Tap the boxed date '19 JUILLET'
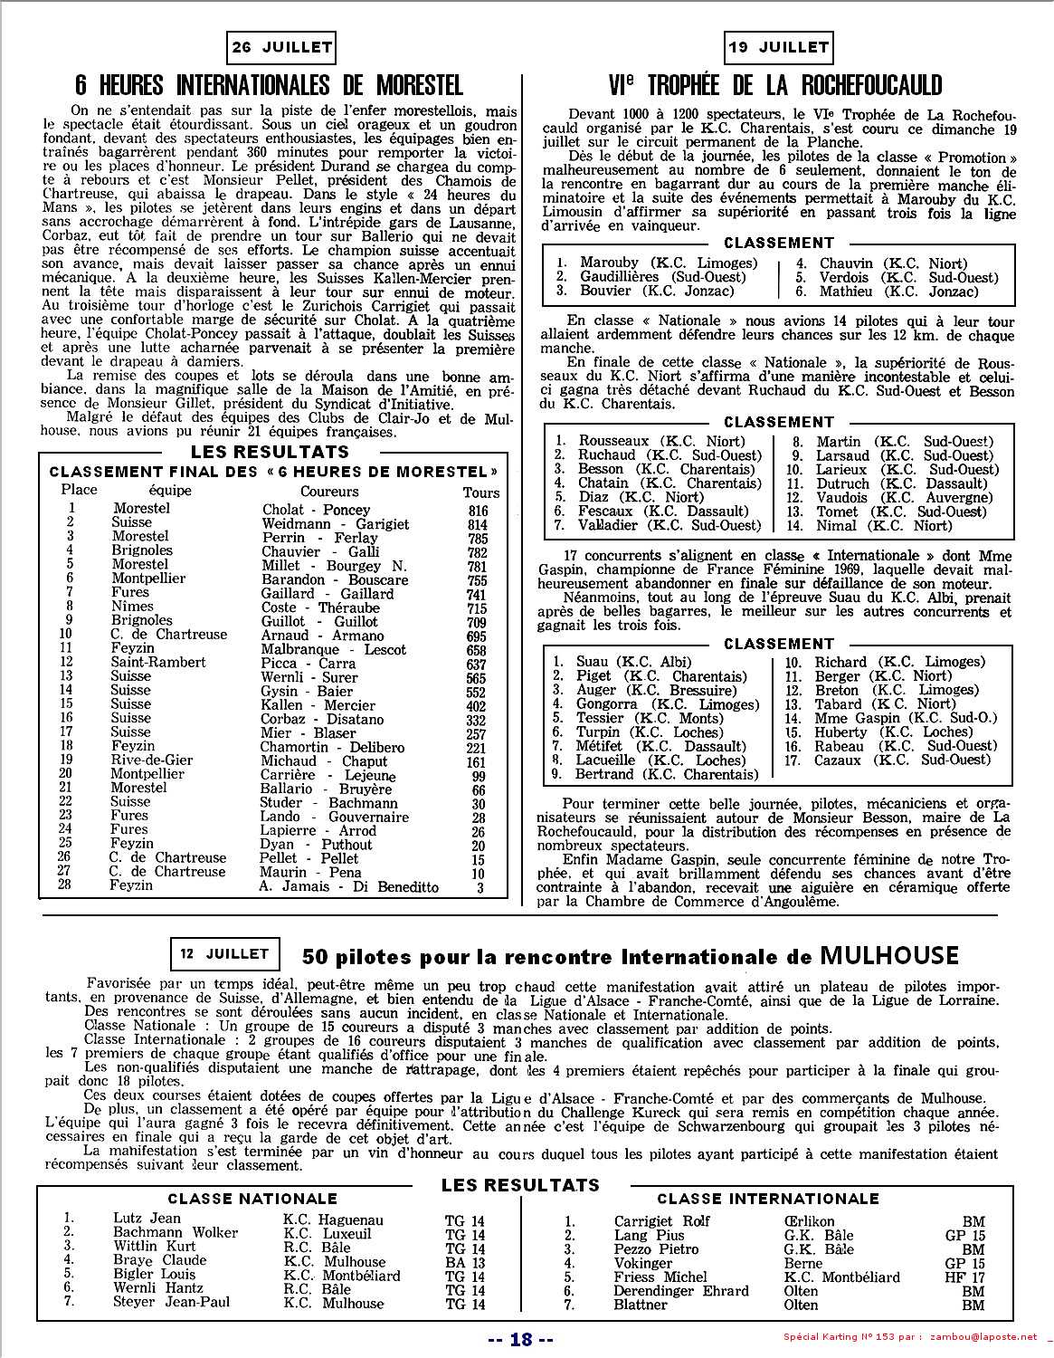[777, 48]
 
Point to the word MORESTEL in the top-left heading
[399, 85]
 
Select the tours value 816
[478, 511]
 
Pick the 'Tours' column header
[480, 493]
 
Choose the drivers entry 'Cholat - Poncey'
[316, 511]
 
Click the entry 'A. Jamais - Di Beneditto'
[348, 887]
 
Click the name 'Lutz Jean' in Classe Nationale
[147, 1219]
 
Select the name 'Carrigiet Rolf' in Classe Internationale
[661, 1221]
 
